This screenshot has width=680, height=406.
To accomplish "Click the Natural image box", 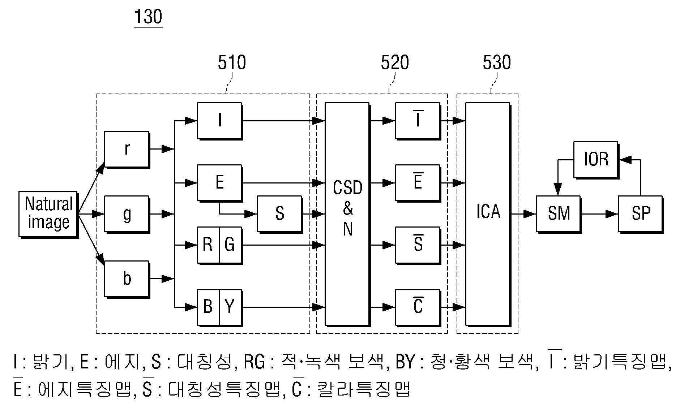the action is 48,214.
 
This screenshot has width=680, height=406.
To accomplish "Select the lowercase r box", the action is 127,150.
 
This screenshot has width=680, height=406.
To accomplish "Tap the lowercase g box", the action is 127,214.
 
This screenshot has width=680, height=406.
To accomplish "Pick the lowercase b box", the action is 127,279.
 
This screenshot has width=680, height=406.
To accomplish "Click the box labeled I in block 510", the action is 220,121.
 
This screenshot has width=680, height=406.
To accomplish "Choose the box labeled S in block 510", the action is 280,214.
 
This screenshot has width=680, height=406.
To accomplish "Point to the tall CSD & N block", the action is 347,214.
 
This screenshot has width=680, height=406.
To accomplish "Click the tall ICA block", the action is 488,214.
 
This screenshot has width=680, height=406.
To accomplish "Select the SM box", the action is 559,214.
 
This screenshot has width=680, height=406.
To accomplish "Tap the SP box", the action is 641,214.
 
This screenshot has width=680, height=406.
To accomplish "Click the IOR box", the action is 596,160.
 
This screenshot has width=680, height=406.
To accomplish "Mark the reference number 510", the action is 232,62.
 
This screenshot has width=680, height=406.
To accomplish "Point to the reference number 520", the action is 395,62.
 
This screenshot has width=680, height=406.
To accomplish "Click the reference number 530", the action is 497,62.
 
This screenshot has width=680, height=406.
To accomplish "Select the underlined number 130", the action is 148,17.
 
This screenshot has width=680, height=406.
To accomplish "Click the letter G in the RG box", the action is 230,245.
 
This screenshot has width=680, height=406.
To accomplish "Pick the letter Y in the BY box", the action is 230,307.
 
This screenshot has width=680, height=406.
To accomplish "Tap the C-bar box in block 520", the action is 418,307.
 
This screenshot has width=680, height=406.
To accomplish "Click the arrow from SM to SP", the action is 599,214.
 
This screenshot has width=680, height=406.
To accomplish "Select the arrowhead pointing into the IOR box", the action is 625,159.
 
